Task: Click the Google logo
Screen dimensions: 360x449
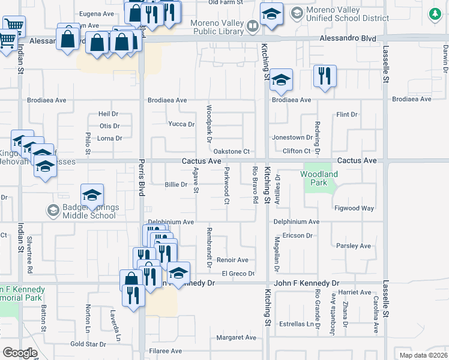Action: point(20,353)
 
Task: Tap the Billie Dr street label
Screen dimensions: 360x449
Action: point(176,185)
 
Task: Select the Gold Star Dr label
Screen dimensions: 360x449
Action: point(88,344)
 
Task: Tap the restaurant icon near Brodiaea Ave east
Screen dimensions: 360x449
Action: point(325,76)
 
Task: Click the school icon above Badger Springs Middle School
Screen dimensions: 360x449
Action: point(92,195)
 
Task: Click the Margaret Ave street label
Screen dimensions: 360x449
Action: point(237,338)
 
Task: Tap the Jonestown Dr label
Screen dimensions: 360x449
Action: point(293,137)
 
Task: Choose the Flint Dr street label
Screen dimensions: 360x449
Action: point(347,114)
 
